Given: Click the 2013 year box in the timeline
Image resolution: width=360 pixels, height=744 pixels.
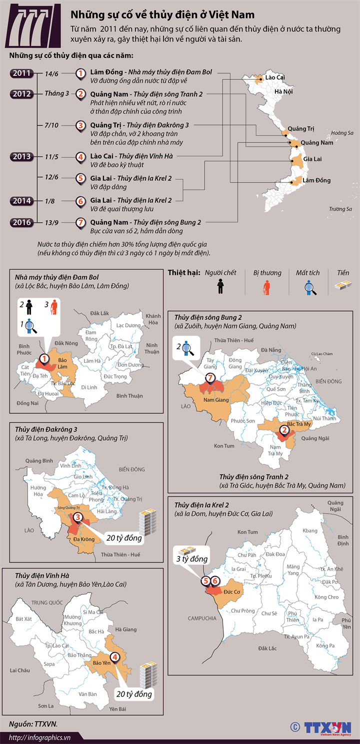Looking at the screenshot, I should tap(21, 157).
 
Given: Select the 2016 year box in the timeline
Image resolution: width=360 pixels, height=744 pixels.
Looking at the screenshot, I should tap(21, 222).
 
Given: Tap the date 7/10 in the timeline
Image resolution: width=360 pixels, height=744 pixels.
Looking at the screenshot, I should tap(51, 125).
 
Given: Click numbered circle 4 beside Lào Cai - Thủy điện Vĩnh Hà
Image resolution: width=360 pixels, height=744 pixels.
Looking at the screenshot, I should tap(80, 157).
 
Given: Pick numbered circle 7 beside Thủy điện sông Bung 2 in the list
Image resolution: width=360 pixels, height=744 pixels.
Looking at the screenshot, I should tap(80, 222).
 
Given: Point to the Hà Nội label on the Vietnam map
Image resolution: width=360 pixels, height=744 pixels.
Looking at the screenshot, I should tap(283, 92).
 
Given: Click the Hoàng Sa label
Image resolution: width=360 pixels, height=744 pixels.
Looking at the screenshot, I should tap(342, 133).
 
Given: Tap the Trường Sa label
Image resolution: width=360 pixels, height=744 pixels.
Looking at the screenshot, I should tap(340, 209).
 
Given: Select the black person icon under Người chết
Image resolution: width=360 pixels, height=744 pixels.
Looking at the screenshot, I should tap(220, 287).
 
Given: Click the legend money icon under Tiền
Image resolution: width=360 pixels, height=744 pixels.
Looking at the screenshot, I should tap(342, 286).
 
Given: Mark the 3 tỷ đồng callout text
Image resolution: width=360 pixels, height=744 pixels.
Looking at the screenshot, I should tap(191, 559).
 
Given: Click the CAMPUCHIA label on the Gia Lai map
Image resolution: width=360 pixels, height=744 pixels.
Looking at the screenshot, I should tap(202, 618).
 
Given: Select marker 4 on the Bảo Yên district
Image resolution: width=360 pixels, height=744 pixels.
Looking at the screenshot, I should tap(115, 657).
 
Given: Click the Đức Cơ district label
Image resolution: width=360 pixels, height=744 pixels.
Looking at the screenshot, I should tap(232, 591).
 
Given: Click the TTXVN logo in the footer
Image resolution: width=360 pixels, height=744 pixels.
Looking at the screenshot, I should tap(327, 727).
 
